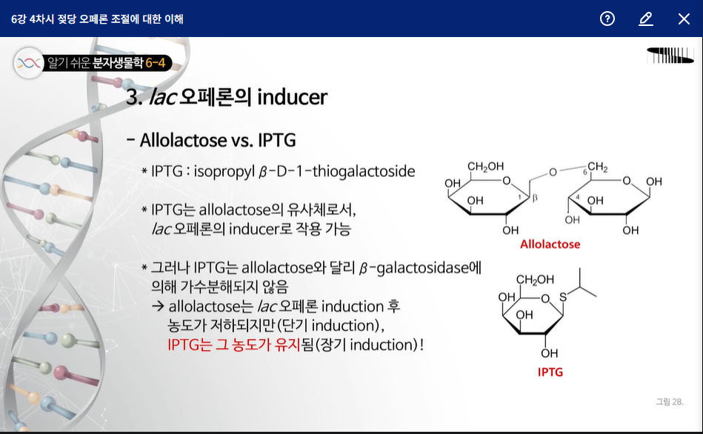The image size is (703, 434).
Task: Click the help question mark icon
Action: (x=607, y=19)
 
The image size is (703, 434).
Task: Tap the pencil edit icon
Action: (x=646, y=19)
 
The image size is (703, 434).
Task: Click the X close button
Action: (x=684, y=19)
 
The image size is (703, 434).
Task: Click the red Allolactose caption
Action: (x=550, y=244)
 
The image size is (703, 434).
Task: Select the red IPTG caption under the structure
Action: (x=550, y=372)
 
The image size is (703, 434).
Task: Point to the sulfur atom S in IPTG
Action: (x=563, y=297)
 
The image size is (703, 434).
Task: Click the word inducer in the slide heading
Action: (x=293, y=97)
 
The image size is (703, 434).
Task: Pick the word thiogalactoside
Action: (x=364, y=171)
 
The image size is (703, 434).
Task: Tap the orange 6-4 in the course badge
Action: (x=155, y=63)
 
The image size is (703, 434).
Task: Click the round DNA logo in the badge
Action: (x=29, y=63)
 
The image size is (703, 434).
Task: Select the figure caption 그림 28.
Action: (x=670, y=401)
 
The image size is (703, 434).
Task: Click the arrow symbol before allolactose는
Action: (x=158, y=306)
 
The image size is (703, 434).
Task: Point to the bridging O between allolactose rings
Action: (x=553, y=172)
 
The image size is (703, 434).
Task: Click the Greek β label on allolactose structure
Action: (x=534, y=198)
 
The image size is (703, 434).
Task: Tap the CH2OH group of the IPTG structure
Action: (x=535, y=280)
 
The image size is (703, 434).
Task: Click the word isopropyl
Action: (x=224, y=172)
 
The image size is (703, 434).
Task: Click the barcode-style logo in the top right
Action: (x=670, y=56)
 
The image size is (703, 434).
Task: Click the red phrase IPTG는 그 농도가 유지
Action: (x=233, y=345)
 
